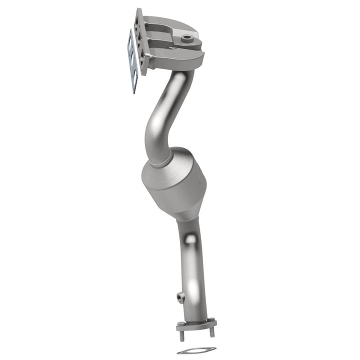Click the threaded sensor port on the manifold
pyautogui.click(x=187, y=37)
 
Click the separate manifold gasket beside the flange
pyautogui.click(x=133, y=60)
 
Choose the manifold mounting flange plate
pyautogui.click(x=141, y=42)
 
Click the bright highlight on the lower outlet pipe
pyautogui.click(x=190, y=240)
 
